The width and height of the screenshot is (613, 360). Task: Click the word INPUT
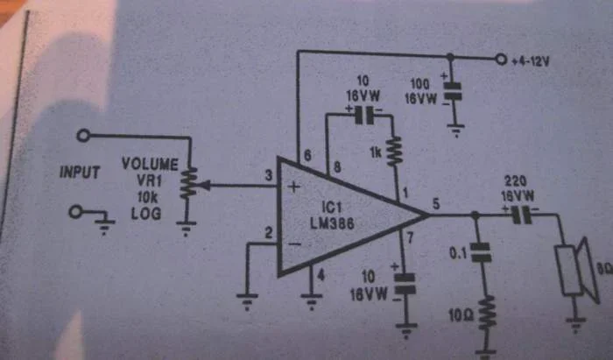pyautogui.click(x=80, y=173)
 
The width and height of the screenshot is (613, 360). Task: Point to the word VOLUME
pyautogui.click(x=150, y=164)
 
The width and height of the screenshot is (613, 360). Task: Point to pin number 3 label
pyautogui.click(x=269, y=178)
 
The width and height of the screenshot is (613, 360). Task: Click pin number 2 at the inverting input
pyautogui.click(x=269, y=232)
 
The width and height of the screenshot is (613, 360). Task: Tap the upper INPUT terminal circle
pyautogui.click(x=82, y=136)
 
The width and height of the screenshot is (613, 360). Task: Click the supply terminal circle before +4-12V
pyautogui.click(x=501, y=60)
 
